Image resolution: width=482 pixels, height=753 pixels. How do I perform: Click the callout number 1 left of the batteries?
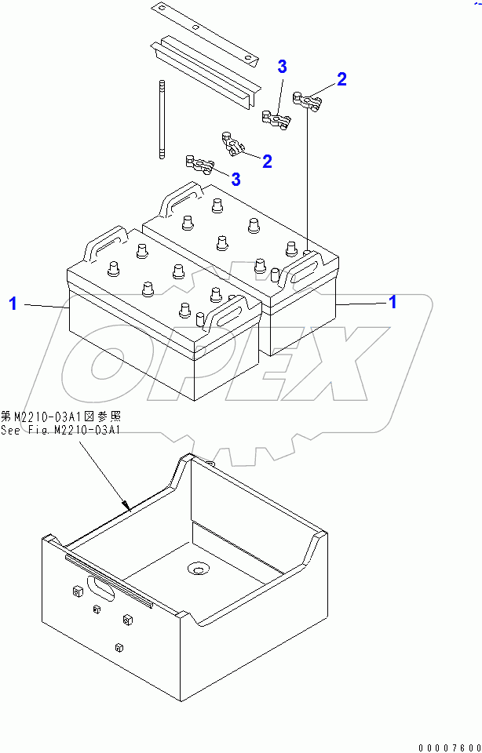tap(13, 304)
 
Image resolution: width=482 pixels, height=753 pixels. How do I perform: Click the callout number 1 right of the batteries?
tap(393, 302)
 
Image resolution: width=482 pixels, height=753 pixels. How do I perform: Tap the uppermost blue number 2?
tap(341, 78)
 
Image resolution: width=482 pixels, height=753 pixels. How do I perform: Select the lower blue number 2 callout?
tap(267, 162)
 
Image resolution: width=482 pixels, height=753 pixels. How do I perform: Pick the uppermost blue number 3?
tap(282, 67)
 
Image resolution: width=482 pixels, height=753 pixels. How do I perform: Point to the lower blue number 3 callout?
tap(236, 179)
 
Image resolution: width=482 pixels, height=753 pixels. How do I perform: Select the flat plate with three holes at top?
tap(206, 32)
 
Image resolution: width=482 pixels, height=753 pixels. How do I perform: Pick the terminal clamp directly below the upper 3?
tap(276, 119)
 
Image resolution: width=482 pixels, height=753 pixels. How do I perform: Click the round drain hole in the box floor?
tap(196, 568)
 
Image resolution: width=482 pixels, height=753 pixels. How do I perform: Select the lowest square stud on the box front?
tap(119, 647)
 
